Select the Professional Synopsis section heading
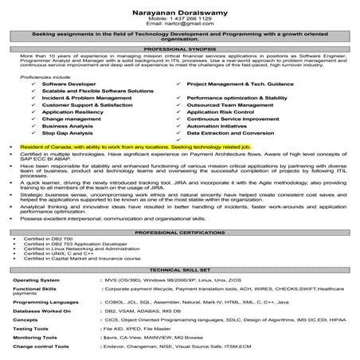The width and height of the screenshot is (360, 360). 180,50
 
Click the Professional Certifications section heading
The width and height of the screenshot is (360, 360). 180,232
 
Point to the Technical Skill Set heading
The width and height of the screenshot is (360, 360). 180,271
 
